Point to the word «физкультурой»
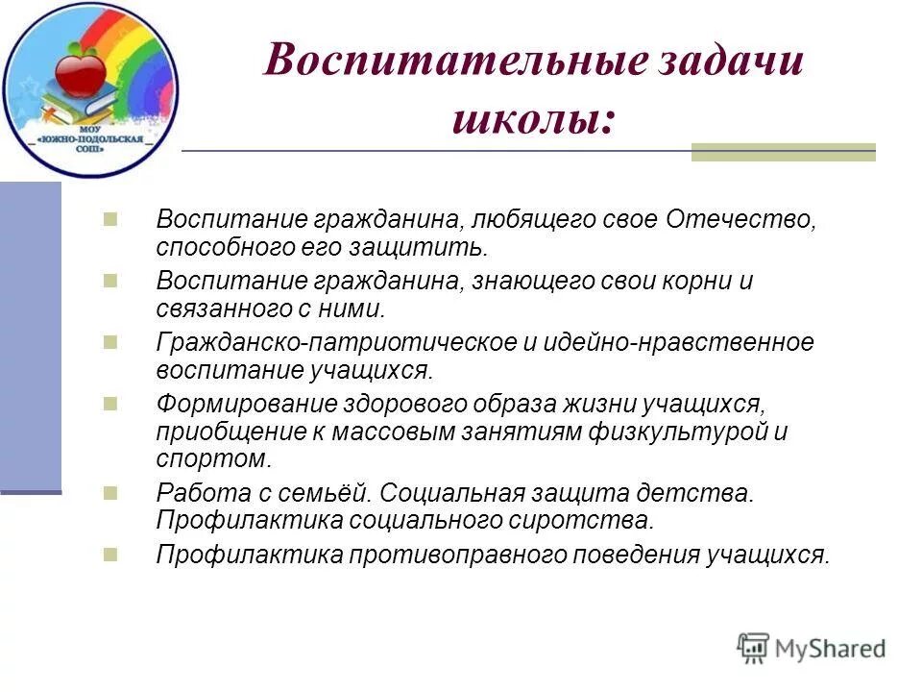pyautogui.click(x=684, y=432)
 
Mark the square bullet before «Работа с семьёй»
pyautogui.click(x=109, y=493)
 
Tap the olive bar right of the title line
pyautogui.click(x=783, y=152)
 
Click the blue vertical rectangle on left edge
pyautogui.click(x=31, y=336)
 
